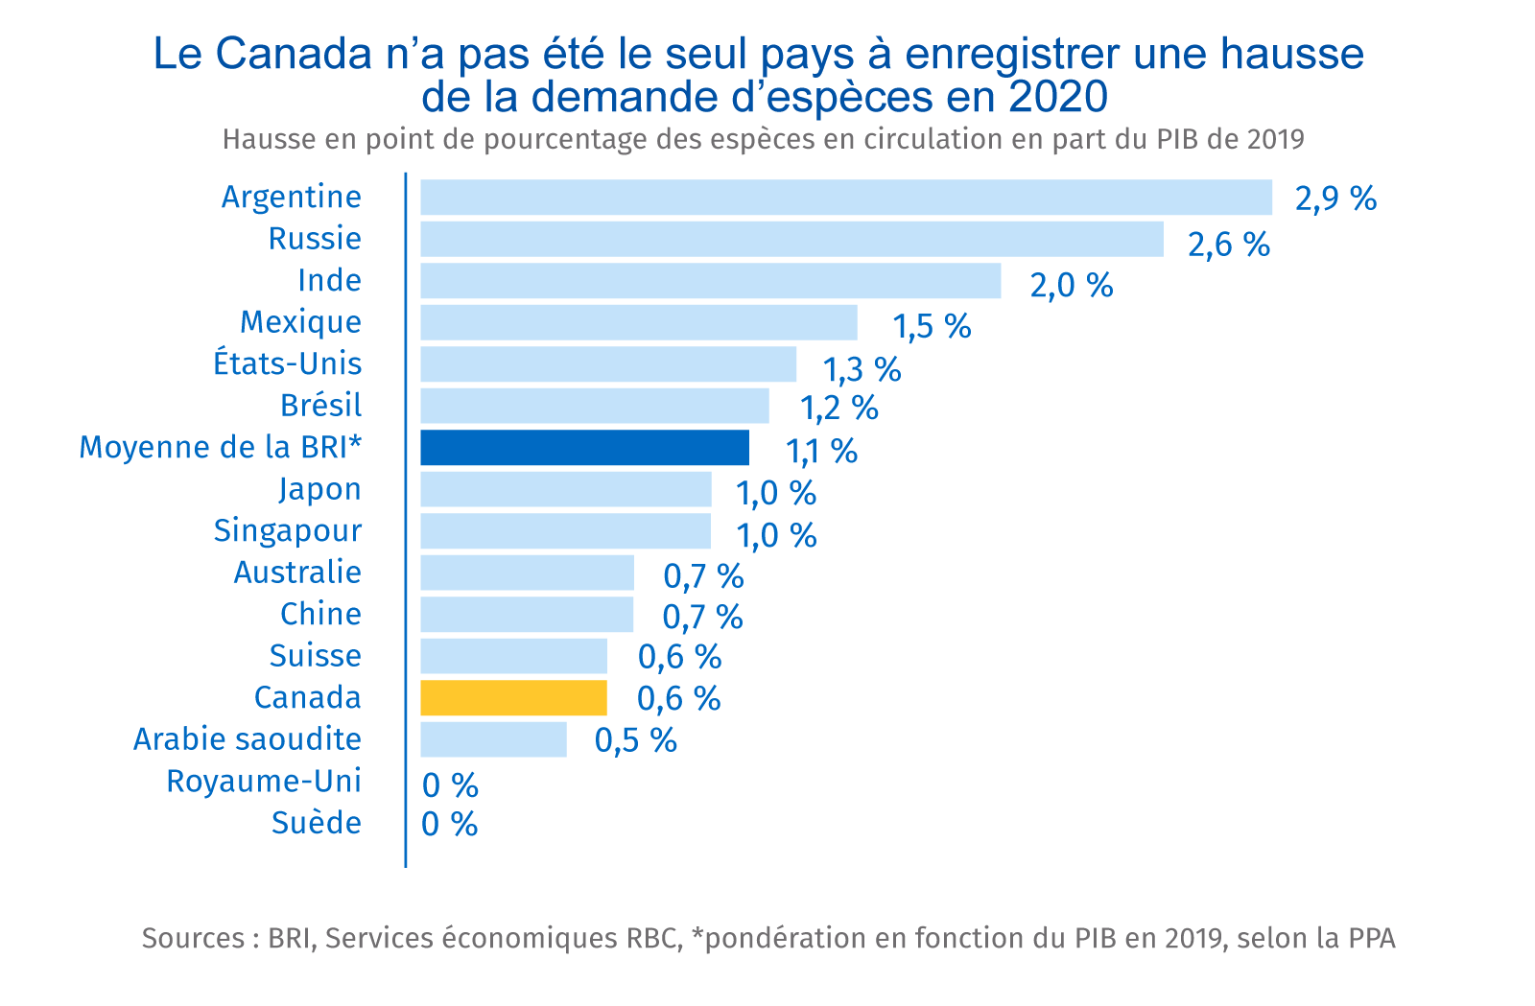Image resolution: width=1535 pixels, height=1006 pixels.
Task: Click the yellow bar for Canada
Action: click(513, 698)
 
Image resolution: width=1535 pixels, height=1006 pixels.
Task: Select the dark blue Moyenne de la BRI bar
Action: click(584, 448)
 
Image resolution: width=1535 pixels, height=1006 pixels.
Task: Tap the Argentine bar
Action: click(845, 198)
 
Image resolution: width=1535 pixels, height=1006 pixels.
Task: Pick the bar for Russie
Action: click(791, 239)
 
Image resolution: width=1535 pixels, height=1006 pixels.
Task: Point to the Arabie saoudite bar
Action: click(493, 739)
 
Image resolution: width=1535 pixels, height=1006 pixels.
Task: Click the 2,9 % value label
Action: click(1335, 199)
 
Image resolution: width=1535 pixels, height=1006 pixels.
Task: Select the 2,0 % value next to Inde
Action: click(1071, 285)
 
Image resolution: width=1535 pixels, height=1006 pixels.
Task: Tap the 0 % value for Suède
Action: click(449, 824)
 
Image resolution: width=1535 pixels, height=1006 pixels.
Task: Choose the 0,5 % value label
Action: click(635, 740)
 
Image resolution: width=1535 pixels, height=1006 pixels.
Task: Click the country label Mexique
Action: click(300, 322)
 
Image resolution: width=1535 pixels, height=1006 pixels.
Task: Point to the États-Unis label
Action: click(287, 363)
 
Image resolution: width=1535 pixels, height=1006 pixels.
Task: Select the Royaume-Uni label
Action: click(264, 781)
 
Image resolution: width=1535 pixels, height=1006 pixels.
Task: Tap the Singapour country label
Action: click(287, 530)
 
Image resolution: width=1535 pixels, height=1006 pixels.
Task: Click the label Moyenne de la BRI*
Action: click(220, 447)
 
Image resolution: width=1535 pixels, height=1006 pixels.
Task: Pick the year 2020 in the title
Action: click(1058, 96)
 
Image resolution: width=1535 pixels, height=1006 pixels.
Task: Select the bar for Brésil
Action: click(594, 406)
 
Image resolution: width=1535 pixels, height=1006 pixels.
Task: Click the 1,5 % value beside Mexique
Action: click(932, 327)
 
